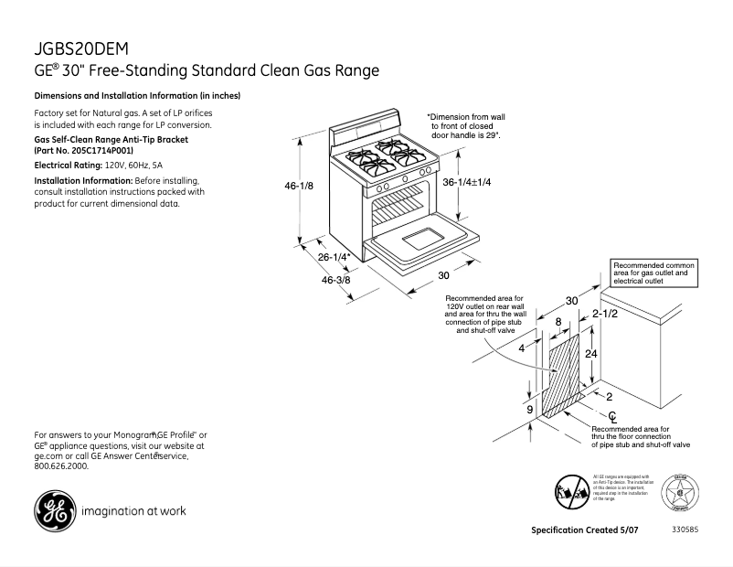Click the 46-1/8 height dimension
click(x=300, y=186)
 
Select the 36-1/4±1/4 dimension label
click(x=467, y=182)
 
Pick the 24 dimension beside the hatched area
click(x=591, y=353)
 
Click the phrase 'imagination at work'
click(x=134, y=510)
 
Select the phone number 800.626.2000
click(x=61, y=465)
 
